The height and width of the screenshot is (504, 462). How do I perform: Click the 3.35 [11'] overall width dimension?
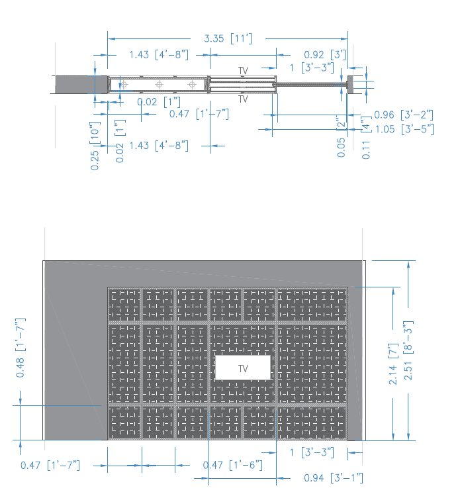pyautogui.click(x=228, y=38)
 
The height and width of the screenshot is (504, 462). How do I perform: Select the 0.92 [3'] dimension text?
pyautogui.click(x=325, y=55)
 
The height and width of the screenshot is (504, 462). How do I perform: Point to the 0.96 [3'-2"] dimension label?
pyautogui.click(x=404, y=115)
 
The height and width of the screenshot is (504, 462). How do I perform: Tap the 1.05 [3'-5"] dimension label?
pyautogui.click(x=404, y=129)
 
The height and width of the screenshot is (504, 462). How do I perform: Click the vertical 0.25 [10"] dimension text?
pyautogui.click(x=95, y=146)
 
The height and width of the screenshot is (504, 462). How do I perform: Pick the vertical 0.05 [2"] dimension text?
pyautogui.click(x=341, y=136)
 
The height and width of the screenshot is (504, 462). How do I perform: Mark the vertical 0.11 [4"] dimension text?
pyautogui.click(x=366, y=138)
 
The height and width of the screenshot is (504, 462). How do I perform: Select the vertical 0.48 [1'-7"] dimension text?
pyautogui.click(x=21, y=348)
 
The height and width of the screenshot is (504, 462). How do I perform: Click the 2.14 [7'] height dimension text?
pyautogui.click(x=393, y=364)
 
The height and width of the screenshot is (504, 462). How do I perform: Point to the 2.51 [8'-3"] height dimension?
pyautogui.click(x=408, y=350)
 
